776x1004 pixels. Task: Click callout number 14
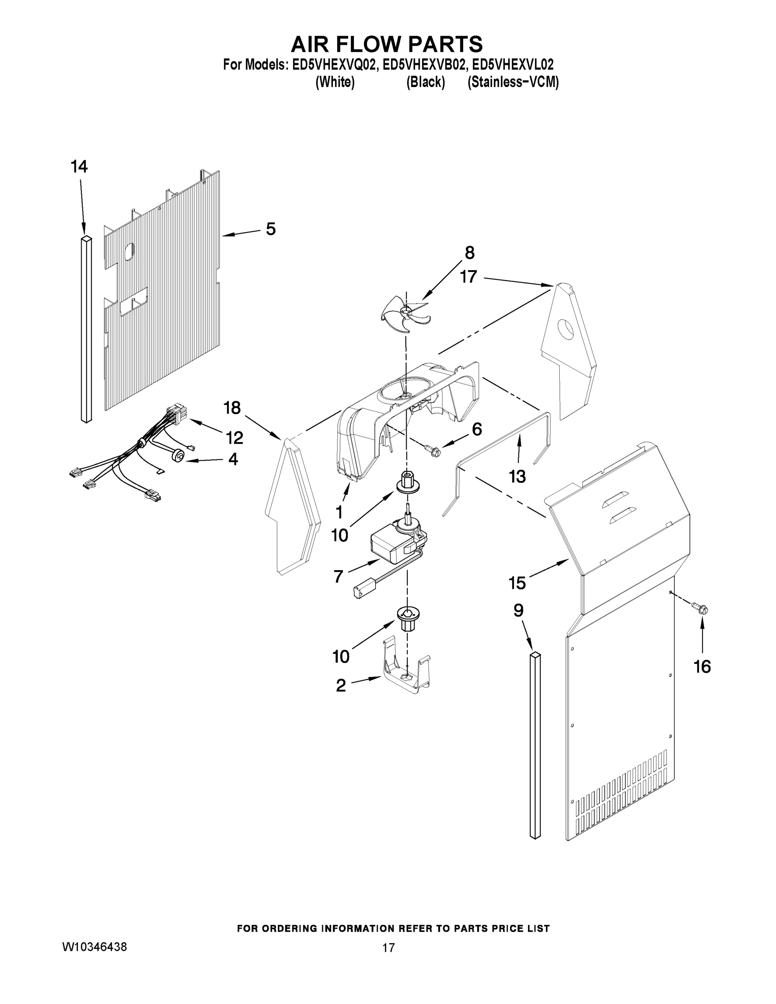79,167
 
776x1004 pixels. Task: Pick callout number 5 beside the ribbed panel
271,229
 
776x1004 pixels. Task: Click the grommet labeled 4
178,456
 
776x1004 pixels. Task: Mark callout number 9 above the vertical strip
518,610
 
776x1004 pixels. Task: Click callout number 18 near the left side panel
232,408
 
